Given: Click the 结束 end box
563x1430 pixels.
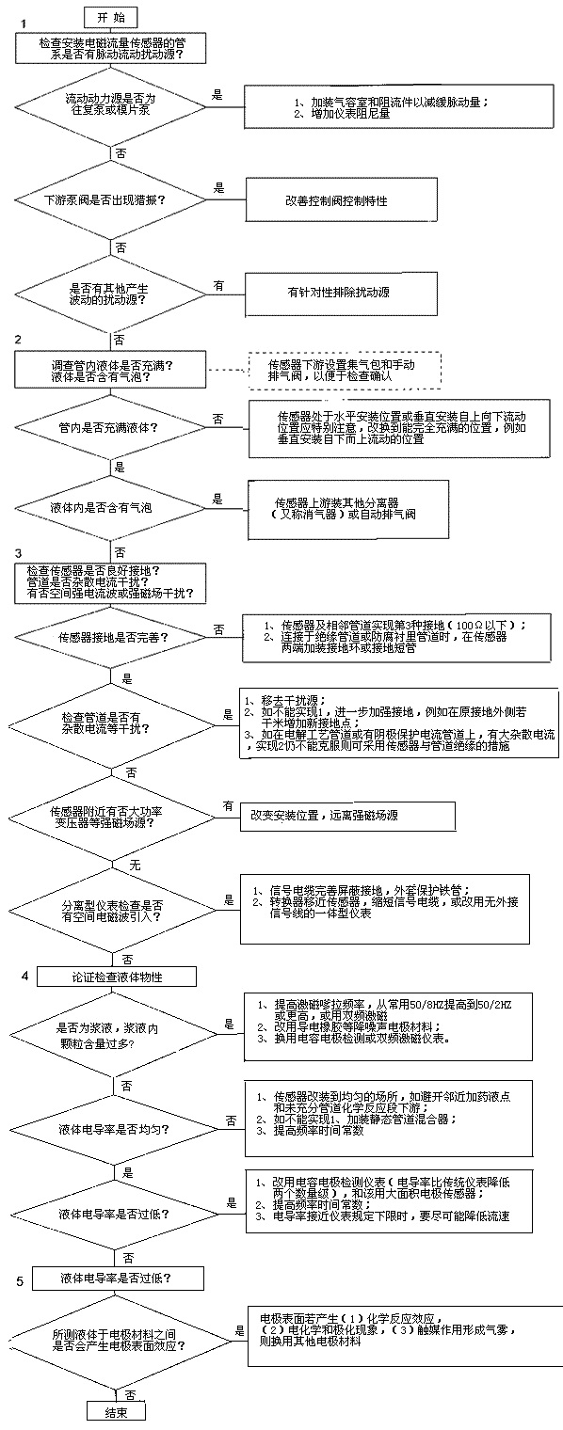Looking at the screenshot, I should (116, 1411).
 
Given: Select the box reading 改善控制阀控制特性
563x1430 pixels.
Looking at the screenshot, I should (337, 201).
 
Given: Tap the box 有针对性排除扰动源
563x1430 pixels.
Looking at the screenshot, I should (337, 292).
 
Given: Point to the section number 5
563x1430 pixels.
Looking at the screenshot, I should (21, 1281).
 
